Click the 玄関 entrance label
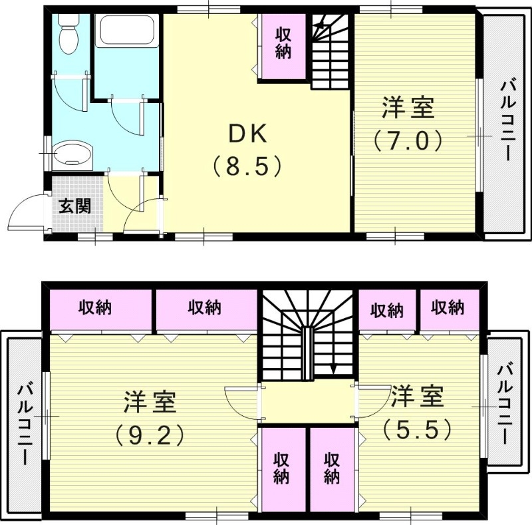(x=74, y=206)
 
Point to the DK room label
(x=247, y=134)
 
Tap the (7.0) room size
(x=407, y=140)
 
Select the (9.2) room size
(x=148, y=435)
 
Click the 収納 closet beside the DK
(x=284, y=43)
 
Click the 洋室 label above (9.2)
(x=150, y=402)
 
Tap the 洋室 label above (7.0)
(x=408, y=108)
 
